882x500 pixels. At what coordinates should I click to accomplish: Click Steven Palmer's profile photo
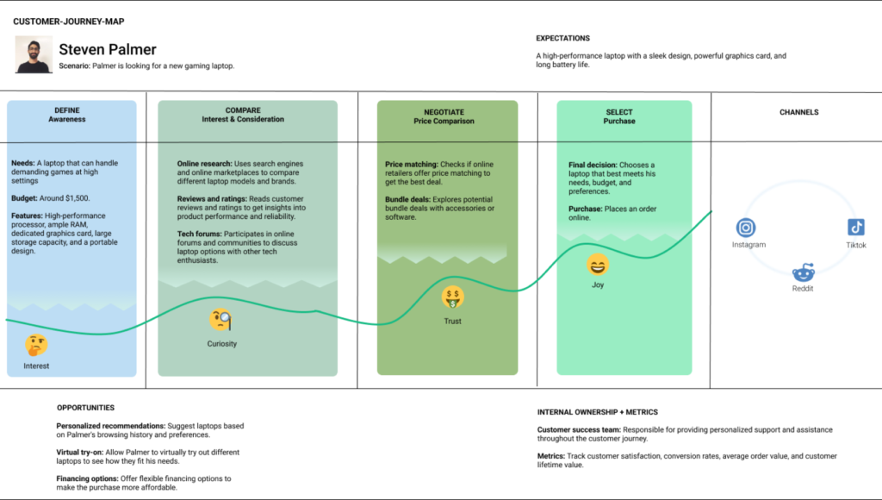point(34,54)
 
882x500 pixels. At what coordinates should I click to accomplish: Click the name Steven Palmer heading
point(108,49)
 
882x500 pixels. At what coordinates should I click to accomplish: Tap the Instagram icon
point(746,228)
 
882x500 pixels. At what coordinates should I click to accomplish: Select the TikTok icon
point(855,228)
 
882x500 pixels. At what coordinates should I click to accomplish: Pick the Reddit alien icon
point(804,272)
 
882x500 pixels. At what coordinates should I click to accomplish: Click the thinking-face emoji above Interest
point(36,345)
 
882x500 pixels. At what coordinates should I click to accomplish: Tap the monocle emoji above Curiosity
point(220,321)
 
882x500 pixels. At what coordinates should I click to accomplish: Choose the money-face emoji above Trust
point(453,297)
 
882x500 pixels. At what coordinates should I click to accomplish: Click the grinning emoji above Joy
point(598,265)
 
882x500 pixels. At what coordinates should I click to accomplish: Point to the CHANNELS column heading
point(798,112)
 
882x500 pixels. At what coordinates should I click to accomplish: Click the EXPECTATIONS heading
point(562,38)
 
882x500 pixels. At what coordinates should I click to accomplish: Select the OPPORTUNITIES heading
point(85,408)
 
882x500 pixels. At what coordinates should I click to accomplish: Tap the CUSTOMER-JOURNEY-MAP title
point(69,22)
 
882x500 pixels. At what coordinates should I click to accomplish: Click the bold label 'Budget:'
point(24,198)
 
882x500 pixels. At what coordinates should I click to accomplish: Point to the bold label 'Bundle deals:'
point(407,199)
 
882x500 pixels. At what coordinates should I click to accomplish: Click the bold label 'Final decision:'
point(593,165)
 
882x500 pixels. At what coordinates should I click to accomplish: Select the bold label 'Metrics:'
point(550,456)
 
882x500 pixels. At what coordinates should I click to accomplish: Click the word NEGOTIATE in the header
point(444,112)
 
